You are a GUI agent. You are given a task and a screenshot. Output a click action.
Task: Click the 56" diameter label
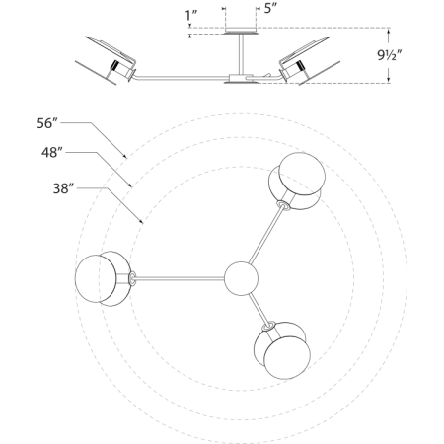coord(46,123)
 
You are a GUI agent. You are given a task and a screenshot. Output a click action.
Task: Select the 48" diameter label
coord(53,154)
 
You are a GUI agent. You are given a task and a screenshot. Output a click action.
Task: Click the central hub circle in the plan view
coord(240,278)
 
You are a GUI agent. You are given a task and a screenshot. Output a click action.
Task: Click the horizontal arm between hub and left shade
coord(178,279)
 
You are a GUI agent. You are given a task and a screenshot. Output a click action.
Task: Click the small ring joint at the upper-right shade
coord(283,207)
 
